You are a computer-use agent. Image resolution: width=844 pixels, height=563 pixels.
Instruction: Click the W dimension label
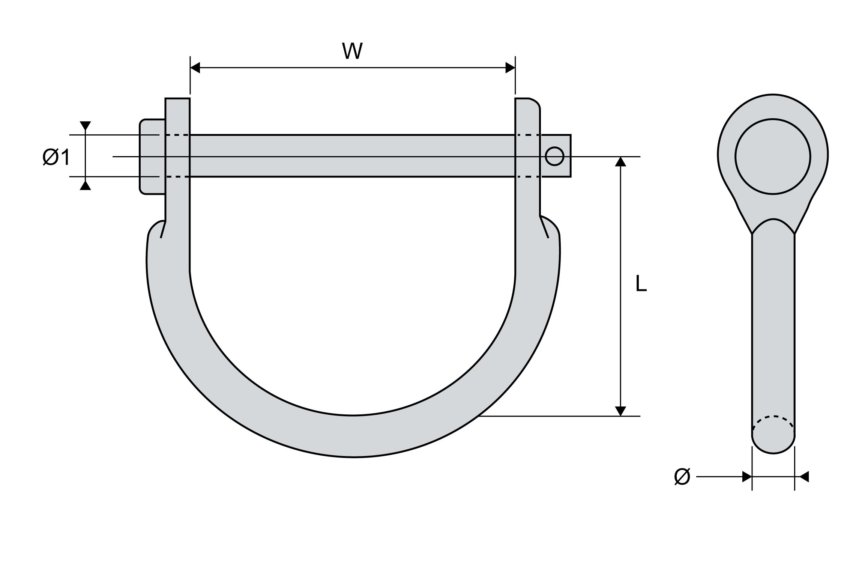pyautogui.click(x=352, y=51)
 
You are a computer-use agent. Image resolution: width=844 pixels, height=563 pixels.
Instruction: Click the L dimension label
pyautogui.click(x=641, y=283)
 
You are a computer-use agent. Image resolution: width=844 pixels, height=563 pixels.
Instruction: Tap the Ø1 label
pyautogui.click(x=56, y=157)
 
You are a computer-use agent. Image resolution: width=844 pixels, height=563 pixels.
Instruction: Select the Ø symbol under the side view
pyautogui.click(x=682, y=477)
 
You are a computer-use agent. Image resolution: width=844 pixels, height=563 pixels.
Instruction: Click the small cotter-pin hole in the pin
pyautogui.click(x=554, y=156)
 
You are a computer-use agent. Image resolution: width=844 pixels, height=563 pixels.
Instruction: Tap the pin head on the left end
pyautogui.click(x=152, y=157)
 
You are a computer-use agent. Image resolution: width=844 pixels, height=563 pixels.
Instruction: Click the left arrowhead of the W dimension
pyautogui.click(x=195, y=68)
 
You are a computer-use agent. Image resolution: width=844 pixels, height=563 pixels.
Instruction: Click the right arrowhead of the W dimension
pyautogui.click(x=510, y=68)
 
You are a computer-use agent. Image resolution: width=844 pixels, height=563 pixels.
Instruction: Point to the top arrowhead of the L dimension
pyautogui.click(x=621, y=161)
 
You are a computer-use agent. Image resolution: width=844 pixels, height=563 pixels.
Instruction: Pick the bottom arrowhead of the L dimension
pyautogui.click(x=621, y=411)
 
